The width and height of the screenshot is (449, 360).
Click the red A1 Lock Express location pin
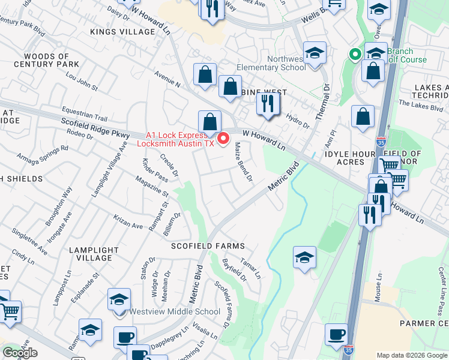click(224, 139)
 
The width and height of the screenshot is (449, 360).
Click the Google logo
click(20, 353)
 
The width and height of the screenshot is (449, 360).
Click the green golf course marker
click(355, 55)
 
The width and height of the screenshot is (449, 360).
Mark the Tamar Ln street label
click(250, 268)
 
